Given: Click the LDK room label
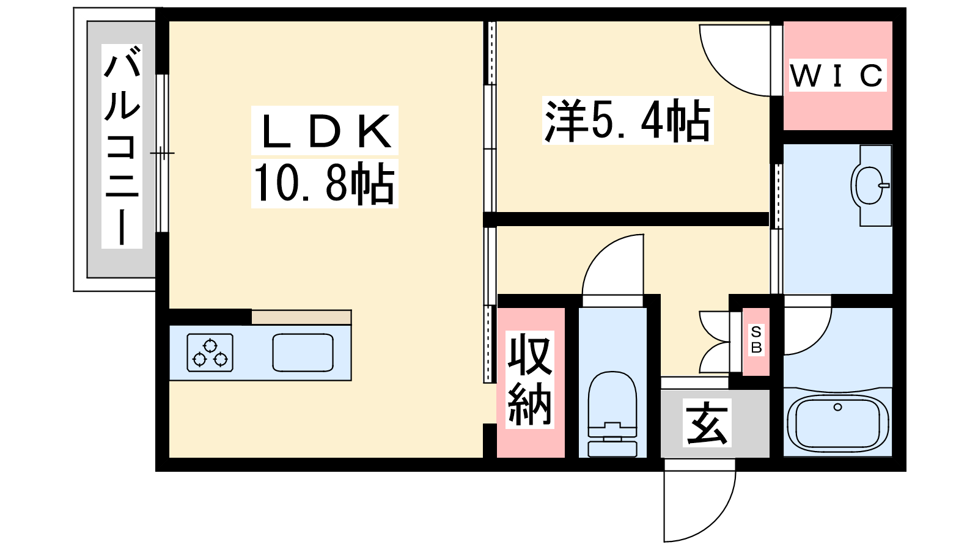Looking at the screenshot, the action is (325, 131).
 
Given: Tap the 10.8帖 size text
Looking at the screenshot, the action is (324, 183).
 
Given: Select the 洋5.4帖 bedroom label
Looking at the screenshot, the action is (627, 120).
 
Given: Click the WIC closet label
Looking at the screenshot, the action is (837, 76).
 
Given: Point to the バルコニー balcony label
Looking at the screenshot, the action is (122, 146).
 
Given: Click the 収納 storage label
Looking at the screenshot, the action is (529, 380).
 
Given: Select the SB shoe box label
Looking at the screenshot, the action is (756, 340).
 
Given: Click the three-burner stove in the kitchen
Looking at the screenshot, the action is (210, 353).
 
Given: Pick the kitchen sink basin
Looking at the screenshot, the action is (303, 353).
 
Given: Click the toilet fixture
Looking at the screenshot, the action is (612, 413).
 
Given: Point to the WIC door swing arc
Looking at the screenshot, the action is (719, 74).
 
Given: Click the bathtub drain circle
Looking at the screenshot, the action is (837, 407).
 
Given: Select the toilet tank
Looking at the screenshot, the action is (612, 449).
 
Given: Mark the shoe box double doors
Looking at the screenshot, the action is (715, 342).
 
